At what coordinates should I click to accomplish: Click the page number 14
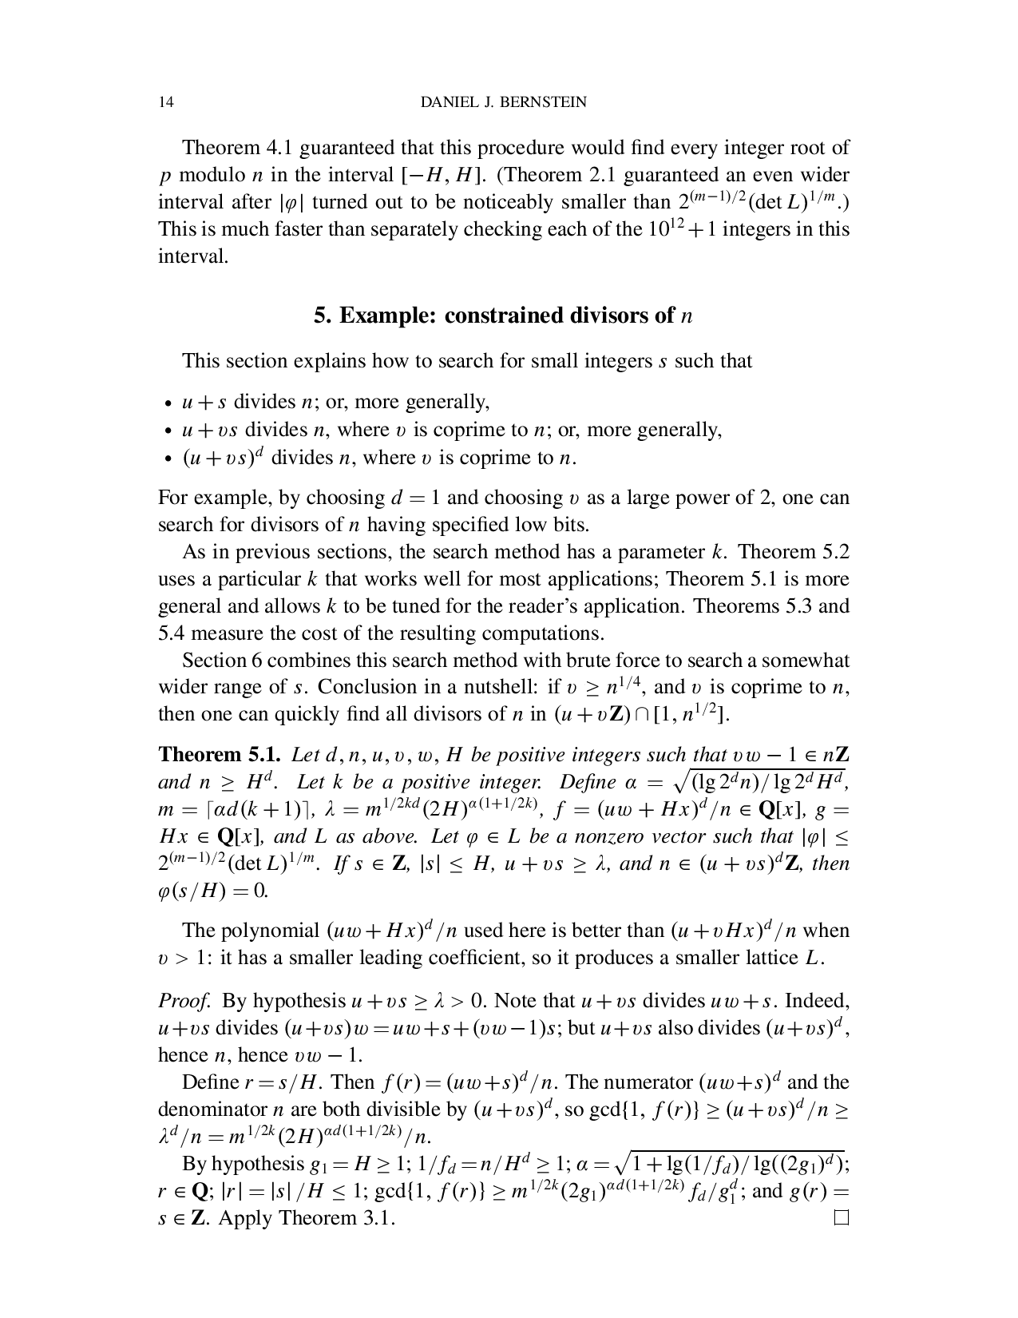166,102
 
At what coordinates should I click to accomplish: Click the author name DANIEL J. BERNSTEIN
503,102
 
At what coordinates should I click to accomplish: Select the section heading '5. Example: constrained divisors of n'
503,316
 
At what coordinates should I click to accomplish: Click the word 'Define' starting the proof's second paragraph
209,1082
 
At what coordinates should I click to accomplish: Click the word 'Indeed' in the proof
820,1001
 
